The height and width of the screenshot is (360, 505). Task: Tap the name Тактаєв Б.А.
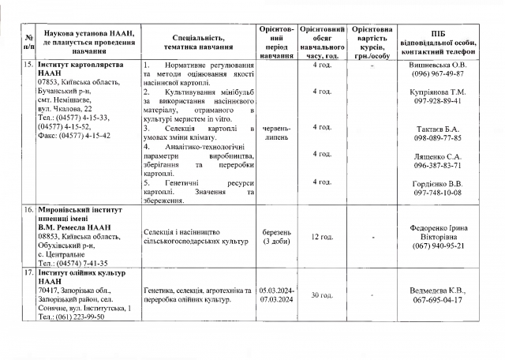442,128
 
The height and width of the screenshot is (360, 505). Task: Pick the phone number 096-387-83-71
442,165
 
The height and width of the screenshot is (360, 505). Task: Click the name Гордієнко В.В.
442,183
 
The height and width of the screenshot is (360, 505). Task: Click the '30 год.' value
321,295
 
